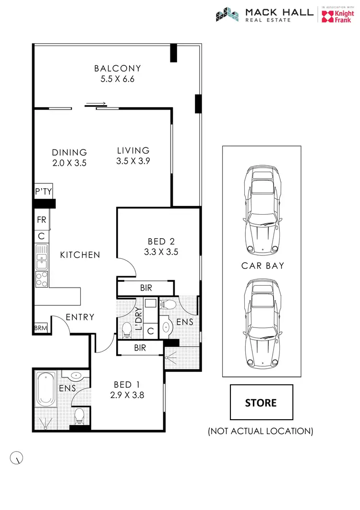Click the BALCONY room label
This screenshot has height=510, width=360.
[x=117, y=68]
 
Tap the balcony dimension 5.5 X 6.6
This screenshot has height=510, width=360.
[x=117, y=79]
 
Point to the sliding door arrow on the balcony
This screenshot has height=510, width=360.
[x=96, y=103]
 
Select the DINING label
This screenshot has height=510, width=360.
[x=70, y=152]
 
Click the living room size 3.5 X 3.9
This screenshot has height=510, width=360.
[x=133, y=162]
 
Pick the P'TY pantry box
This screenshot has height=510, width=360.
[x=43, y=192]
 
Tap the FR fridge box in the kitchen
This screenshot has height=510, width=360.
[x=41, y=220]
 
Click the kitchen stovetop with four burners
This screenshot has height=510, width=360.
[x=42, y=279]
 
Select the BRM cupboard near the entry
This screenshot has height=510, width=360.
[x=41, y=328]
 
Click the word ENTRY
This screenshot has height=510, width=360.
[x=80, y=317]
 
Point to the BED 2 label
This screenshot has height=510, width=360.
[x=161, y=241]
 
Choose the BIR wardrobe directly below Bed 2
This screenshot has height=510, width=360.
[x=146, y=288]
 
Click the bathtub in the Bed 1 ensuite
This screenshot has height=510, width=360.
[x=47, y=388]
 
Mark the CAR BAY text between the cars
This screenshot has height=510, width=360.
[x=263, y=265]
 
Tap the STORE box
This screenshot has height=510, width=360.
[x=261, y=402]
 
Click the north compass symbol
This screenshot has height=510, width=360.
[x=16, y=458]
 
